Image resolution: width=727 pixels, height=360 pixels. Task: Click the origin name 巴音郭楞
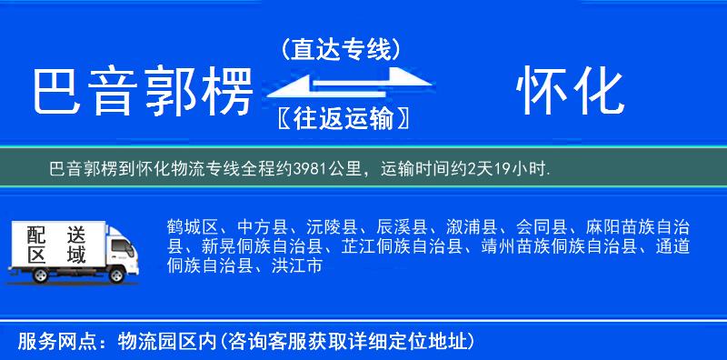click(x=141, y=93)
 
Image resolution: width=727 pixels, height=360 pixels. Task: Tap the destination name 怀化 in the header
click(x=570, y=93)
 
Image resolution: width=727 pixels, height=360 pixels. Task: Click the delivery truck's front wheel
click(x=117, y=275)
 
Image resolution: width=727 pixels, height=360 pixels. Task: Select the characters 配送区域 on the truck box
click(x=57, y=243)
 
